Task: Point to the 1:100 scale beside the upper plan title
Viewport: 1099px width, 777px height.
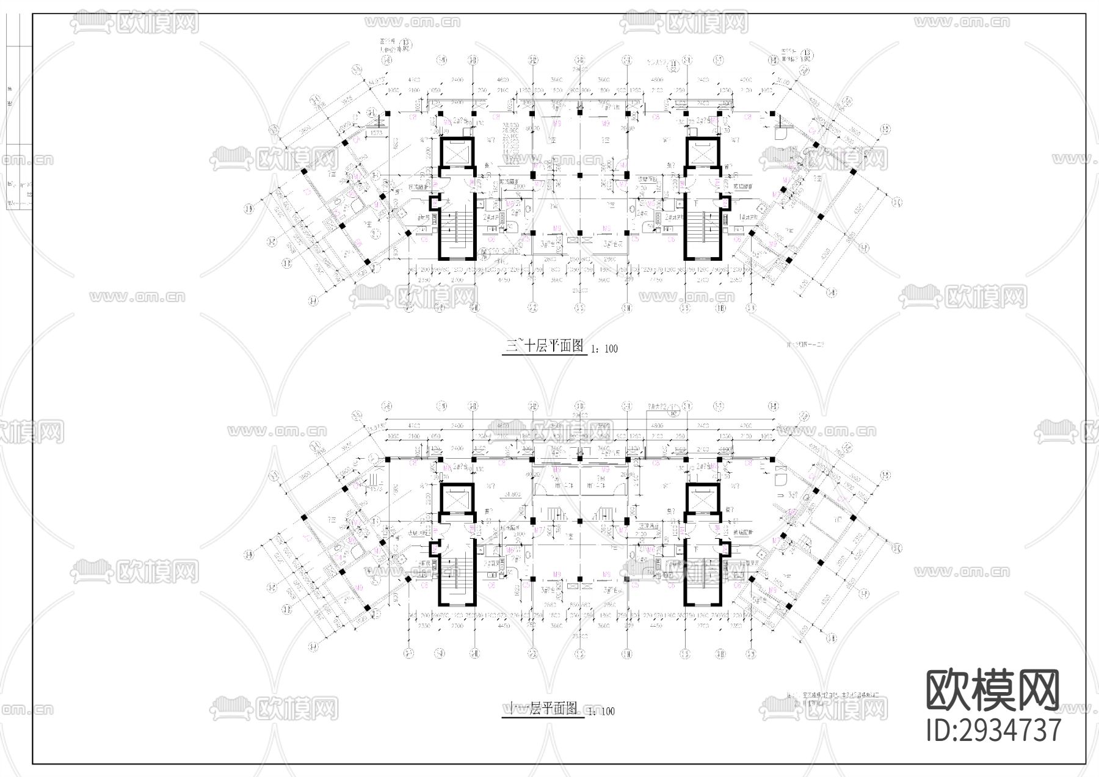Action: tap(604, 349)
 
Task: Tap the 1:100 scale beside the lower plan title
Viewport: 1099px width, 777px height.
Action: tap(601, 712)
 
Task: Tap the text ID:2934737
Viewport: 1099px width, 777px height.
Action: tap(993, 731)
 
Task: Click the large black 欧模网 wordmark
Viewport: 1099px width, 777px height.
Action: tap(993, 690)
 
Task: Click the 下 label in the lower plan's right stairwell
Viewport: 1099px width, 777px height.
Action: tap(696, 550)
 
